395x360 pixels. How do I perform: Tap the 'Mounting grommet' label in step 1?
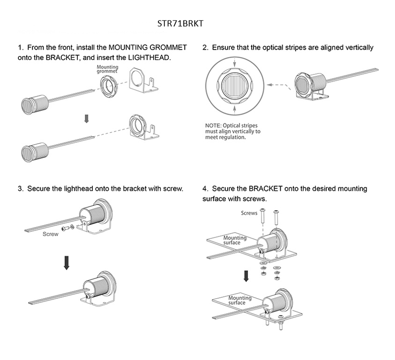[x=107, y=69]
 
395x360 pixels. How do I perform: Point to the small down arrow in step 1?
[x=86, y=119]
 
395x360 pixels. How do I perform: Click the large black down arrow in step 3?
[x=67, y=263]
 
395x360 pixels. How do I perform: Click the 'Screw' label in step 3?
[x=51, y=234]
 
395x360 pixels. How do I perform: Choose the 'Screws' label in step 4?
[x=249, y=213]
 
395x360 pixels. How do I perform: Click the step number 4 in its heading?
[x=205, y=188]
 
